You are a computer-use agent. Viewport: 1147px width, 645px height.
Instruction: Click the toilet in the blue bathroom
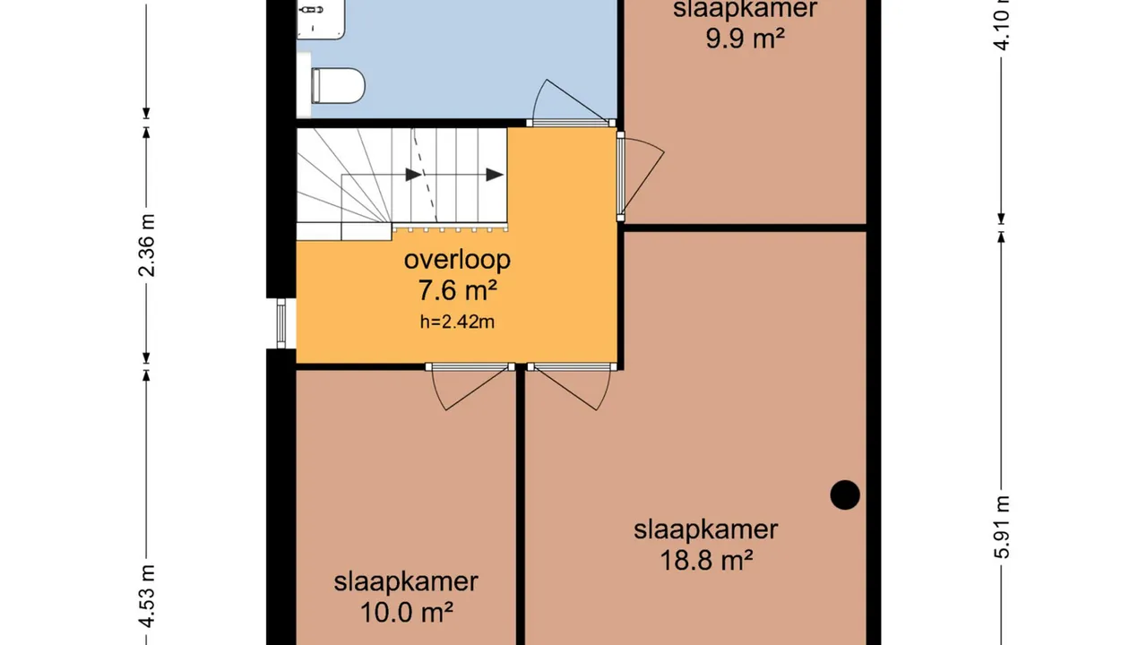[x=337, y=87]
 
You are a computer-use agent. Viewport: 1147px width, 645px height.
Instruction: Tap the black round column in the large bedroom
[x=844, y=494]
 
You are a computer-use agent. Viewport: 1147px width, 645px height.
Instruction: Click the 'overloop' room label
[x=457, y=260]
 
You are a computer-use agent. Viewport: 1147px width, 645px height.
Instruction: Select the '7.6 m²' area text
[x=456, y=291]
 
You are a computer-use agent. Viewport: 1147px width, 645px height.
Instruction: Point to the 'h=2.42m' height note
[x=457, y=322]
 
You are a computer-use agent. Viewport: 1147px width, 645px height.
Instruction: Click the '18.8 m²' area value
[x=706, y=561]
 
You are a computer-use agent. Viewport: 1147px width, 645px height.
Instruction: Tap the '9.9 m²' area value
[x=746, y=39]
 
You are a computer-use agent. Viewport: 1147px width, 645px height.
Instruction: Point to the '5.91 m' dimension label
[x=1002, y=527]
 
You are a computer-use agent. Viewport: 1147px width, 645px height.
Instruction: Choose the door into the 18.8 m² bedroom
[x=570, y=385]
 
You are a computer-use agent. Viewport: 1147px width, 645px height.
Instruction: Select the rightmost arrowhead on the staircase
[x=495, y=175]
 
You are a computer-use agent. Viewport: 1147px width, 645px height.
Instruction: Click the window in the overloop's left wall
[x=280, y=323]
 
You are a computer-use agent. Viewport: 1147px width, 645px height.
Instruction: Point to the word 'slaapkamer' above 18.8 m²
[x=706, y=529]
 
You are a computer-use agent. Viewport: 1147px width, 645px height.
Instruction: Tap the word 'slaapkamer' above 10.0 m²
[x=406, y=581]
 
